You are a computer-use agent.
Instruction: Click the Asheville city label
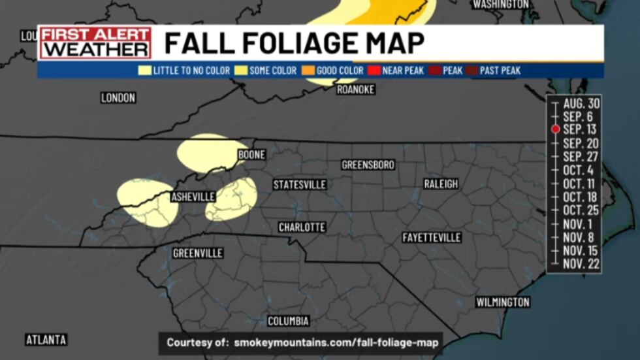tap(193, 197)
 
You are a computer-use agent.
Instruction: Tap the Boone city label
tap(251, 155)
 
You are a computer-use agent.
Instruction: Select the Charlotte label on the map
tap(302, 227)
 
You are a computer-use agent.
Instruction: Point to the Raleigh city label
tap(441, 184)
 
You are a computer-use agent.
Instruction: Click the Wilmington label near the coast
tap(502, 302)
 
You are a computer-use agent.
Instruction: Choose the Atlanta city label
tap(46, 340)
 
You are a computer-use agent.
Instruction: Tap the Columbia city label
tap(288, 321)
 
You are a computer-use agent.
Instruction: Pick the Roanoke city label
tap(356, 90)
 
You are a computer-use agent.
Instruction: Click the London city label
tap(118, 98)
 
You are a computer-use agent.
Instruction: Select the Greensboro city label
tap(368, 165)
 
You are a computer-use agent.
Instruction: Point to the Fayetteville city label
tap(432, 237)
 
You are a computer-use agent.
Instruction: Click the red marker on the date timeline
tap(555, 129)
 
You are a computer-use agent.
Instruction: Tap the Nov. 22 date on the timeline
tap(581, 264)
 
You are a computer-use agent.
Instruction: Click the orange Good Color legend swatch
tap(308, 71)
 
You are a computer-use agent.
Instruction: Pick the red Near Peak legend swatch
tap(375, 71)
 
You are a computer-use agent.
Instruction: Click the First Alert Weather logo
tap(95, 42)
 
